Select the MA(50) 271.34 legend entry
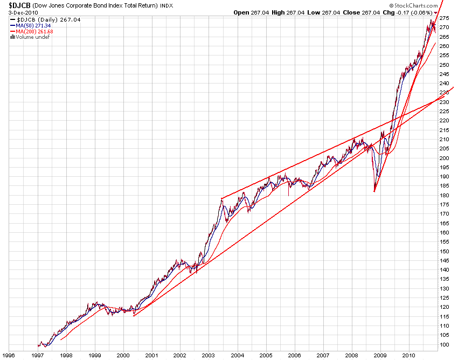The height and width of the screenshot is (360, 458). [33, 25]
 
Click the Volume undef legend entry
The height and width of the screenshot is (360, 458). [29, 37]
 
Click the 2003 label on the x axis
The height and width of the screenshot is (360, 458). [209, 355]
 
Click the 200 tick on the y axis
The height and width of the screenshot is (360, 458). [445, 158]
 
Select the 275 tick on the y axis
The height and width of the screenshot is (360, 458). [445, 18]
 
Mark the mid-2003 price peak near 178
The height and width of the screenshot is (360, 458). [222, 199]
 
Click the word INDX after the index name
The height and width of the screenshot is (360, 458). [167, 6]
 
